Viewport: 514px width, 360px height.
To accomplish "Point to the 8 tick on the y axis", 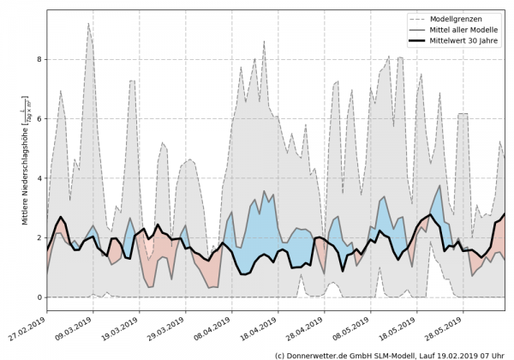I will click(x=39, y=60).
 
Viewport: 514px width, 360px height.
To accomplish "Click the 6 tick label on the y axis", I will click(x=39, y=119).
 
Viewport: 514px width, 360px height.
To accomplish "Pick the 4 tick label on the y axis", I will click(x=39, y=178).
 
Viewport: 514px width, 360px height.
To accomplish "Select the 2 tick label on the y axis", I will click(x=39, y=238).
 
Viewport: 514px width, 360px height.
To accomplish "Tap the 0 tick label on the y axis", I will click(x=39, y=297).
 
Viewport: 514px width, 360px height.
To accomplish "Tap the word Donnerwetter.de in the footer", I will click(x=318, y=354).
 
